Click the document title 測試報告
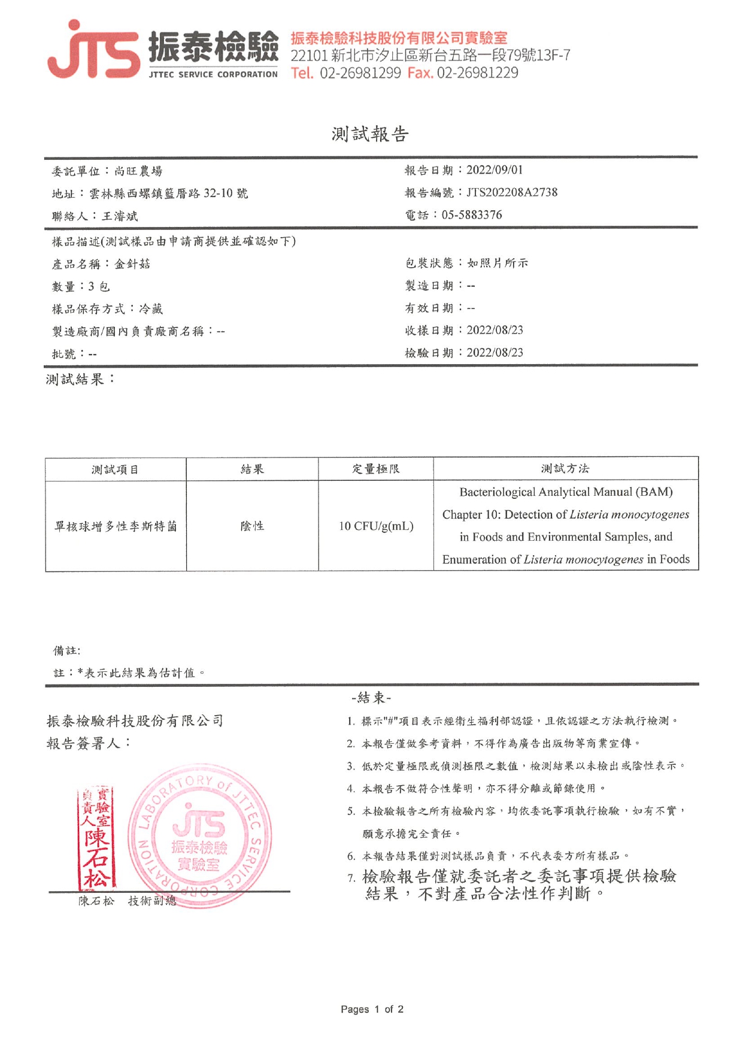tap(370, 134)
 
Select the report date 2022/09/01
tap(495, 170)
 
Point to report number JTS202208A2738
tap(512, 192)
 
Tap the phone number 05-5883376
tap(472, 215)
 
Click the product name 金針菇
tap(132, 264)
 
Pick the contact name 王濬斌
tap(120, 216)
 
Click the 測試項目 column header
tap(115, 470)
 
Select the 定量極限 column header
tap(375, 469)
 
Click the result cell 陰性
tap(252, 526)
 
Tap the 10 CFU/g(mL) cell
tap(376, 526)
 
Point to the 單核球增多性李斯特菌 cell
tap(116, 526)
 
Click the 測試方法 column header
tap(565, 469)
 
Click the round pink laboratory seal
tap(199, 837)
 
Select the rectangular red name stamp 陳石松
tap(96, 838)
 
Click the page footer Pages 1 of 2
tap(372, 1009)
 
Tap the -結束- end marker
tap(371, 698)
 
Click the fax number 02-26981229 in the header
tap(477, 73)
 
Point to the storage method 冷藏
tap(151, 309)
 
